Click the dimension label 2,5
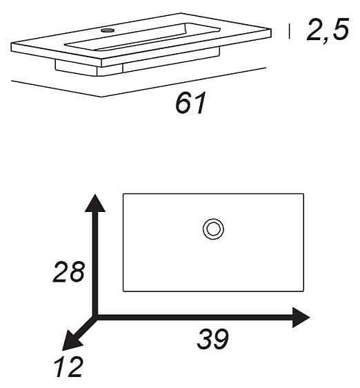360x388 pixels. pyautogui.click(x=328, y=30)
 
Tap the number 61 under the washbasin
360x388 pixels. pyautogui.click(x=190, y=103)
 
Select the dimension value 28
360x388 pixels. pyautogui.click(x=69, y=272)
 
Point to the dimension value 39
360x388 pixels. pyautogui.click(x=212, y=339)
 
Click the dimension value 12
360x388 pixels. pyautogui.click(x=69, y=367)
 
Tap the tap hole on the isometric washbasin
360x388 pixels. pyautogui.click(x=108, y=30)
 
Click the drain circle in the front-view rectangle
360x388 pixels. pyautogui.click(x=213, y=229)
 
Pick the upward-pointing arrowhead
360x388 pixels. pyautogui.click(x=95, y=204)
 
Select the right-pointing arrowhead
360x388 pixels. pyautogui.click(x=301, y=318)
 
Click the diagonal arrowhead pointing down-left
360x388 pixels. pyautogui.click(x=71, y=343)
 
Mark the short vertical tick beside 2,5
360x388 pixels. pyautogui.click(x=289, y=31)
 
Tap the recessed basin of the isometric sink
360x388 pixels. pyautogui.click(x=142, y=37)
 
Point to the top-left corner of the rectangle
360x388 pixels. pyautogui.click(x=123, y=194)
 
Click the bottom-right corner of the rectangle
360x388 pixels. pyautogui.click(x=303, y=291)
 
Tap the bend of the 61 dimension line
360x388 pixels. pyautogui.click(x=102, y=97)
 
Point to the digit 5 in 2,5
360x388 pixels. pyautogui.click(x=340, y=29)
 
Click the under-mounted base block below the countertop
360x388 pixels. pyautogui.click(x=137, y=64)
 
